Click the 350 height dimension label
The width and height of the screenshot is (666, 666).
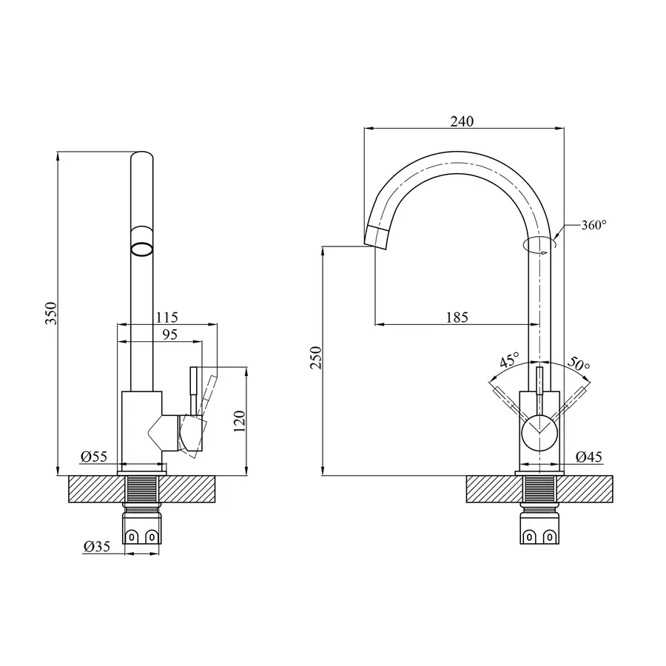coord(50,314)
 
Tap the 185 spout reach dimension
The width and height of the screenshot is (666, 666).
coord(457,317)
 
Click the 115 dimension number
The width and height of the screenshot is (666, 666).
coord(166,317)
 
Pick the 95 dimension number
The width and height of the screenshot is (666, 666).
coord(169,334)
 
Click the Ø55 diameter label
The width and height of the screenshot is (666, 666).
coord(95,457)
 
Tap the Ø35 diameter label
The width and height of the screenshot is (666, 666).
coord(97,547)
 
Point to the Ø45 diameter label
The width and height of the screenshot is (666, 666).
coord(588,457)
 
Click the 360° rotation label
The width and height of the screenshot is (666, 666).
coord(593,226)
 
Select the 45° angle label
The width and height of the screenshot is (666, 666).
coord(509,361)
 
